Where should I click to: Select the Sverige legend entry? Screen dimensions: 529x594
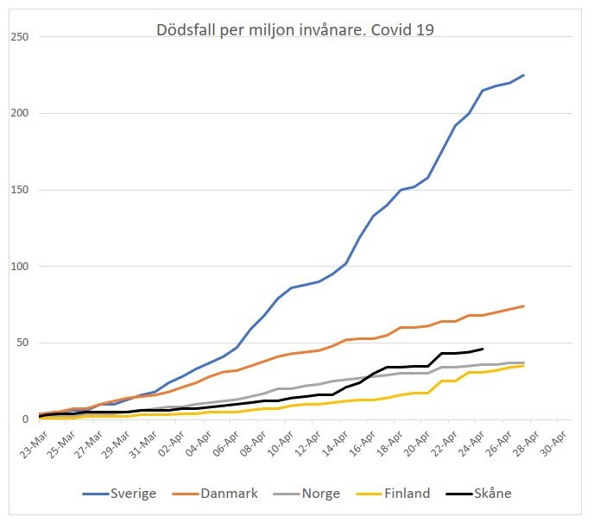pyautogui.click(x=133, y=494)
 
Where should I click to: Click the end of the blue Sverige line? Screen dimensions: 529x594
pyautogui.click(x=523, y=75)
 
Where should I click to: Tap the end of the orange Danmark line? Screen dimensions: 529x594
pyautogui.click(x=523, y=306)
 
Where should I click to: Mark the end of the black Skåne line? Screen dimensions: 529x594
pyautogui.click(x=481, y=349)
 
